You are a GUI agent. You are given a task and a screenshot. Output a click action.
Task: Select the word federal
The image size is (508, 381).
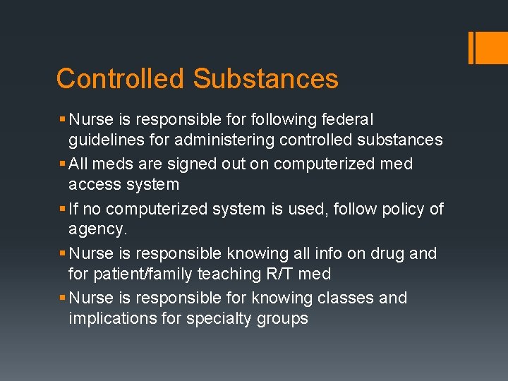click(x=349, y=119)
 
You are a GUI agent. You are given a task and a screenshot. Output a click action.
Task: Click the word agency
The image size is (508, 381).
click(x=98, y=230)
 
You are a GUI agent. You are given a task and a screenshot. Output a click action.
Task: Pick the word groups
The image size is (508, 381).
click(x=282, y=318)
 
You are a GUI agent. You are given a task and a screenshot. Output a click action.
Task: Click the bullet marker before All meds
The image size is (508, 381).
click(x=63, y=164)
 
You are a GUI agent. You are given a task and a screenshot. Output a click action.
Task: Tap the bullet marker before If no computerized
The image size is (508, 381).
click(x=63, y=210)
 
